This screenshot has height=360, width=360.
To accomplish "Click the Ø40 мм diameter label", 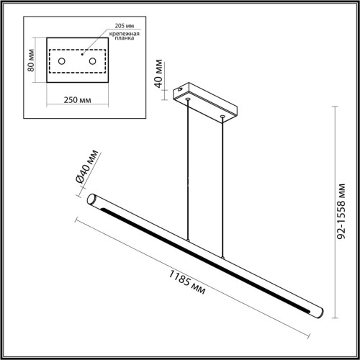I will pos(86,171).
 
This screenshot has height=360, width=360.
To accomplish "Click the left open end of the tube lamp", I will pos(92,199).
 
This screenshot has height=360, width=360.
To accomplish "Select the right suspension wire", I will pos(223,187).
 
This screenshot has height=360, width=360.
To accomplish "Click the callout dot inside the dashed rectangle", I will pos(83,53).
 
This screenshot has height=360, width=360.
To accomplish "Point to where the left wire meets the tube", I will pos(189,243).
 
